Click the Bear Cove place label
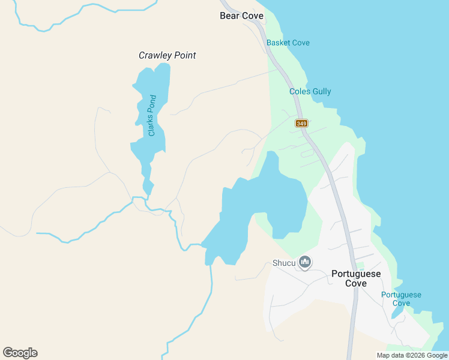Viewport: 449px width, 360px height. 242,16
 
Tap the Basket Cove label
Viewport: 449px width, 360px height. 288,43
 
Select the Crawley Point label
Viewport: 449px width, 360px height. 167,55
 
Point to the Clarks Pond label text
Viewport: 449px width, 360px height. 152,115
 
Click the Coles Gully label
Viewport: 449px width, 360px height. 310,91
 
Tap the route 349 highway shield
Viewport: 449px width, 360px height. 301,124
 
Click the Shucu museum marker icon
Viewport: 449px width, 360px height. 306,262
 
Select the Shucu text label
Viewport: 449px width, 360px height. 283,262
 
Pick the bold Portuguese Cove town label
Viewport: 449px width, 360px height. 356,278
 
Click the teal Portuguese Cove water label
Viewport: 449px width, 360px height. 401,299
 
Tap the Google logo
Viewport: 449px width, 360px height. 20,353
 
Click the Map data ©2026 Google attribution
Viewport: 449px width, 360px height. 412,355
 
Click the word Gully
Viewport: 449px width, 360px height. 321,91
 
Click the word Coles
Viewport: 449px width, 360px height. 299,91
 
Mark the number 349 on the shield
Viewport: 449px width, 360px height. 301,124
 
